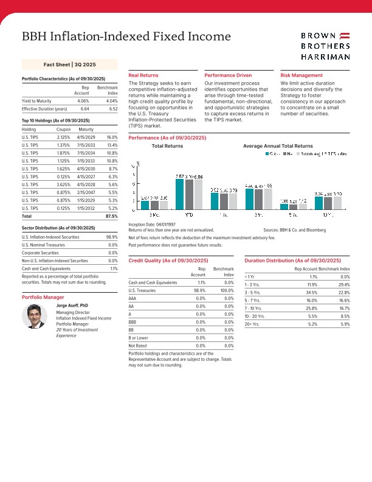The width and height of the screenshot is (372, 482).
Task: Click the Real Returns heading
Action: click(x=143, y=75)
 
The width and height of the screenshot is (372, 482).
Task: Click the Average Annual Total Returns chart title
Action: click(x=278, y=146)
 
